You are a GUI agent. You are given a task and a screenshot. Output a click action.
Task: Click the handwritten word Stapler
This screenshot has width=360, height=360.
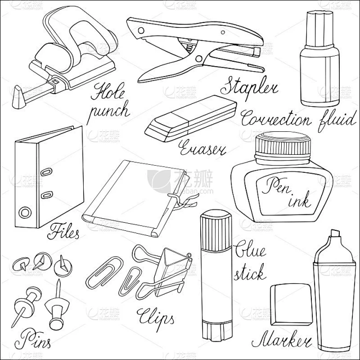click(249, 88)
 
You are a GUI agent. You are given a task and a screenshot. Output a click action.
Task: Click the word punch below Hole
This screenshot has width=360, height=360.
click(109, 112)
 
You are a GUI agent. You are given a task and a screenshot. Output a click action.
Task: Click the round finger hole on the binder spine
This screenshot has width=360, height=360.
click(25, 213)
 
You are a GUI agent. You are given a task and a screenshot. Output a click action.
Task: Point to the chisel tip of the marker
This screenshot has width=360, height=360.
click(335, 234)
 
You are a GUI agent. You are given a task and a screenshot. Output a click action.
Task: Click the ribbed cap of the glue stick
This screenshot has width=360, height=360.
click(216, 231)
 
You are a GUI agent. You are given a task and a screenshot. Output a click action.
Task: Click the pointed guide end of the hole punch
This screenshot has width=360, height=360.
click(19, 97)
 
